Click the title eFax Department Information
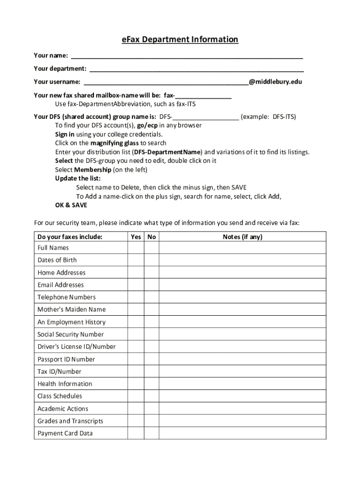[x=180, y=40]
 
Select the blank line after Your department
[x=196, y=69]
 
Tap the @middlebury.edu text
[x=275, y=82]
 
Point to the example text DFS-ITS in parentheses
[x=281, y=116]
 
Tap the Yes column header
[x=136, y=237]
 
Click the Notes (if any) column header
[x=242, y=237]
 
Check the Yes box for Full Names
[x=136, y=248]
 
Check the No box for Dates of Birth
[x=151, y=260]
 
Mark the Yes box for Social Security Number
[x=136, y=334]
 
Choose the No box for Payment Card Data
[x=151, y=434]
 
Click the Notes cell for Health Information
[x=242, y=384]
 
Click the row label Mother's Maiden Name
[x=72, y=310]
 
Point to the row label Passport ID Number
[x=66, y=359]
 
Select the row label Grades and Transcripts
[x=70, y=421]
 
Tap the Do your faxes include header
[x=70, y=237]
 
